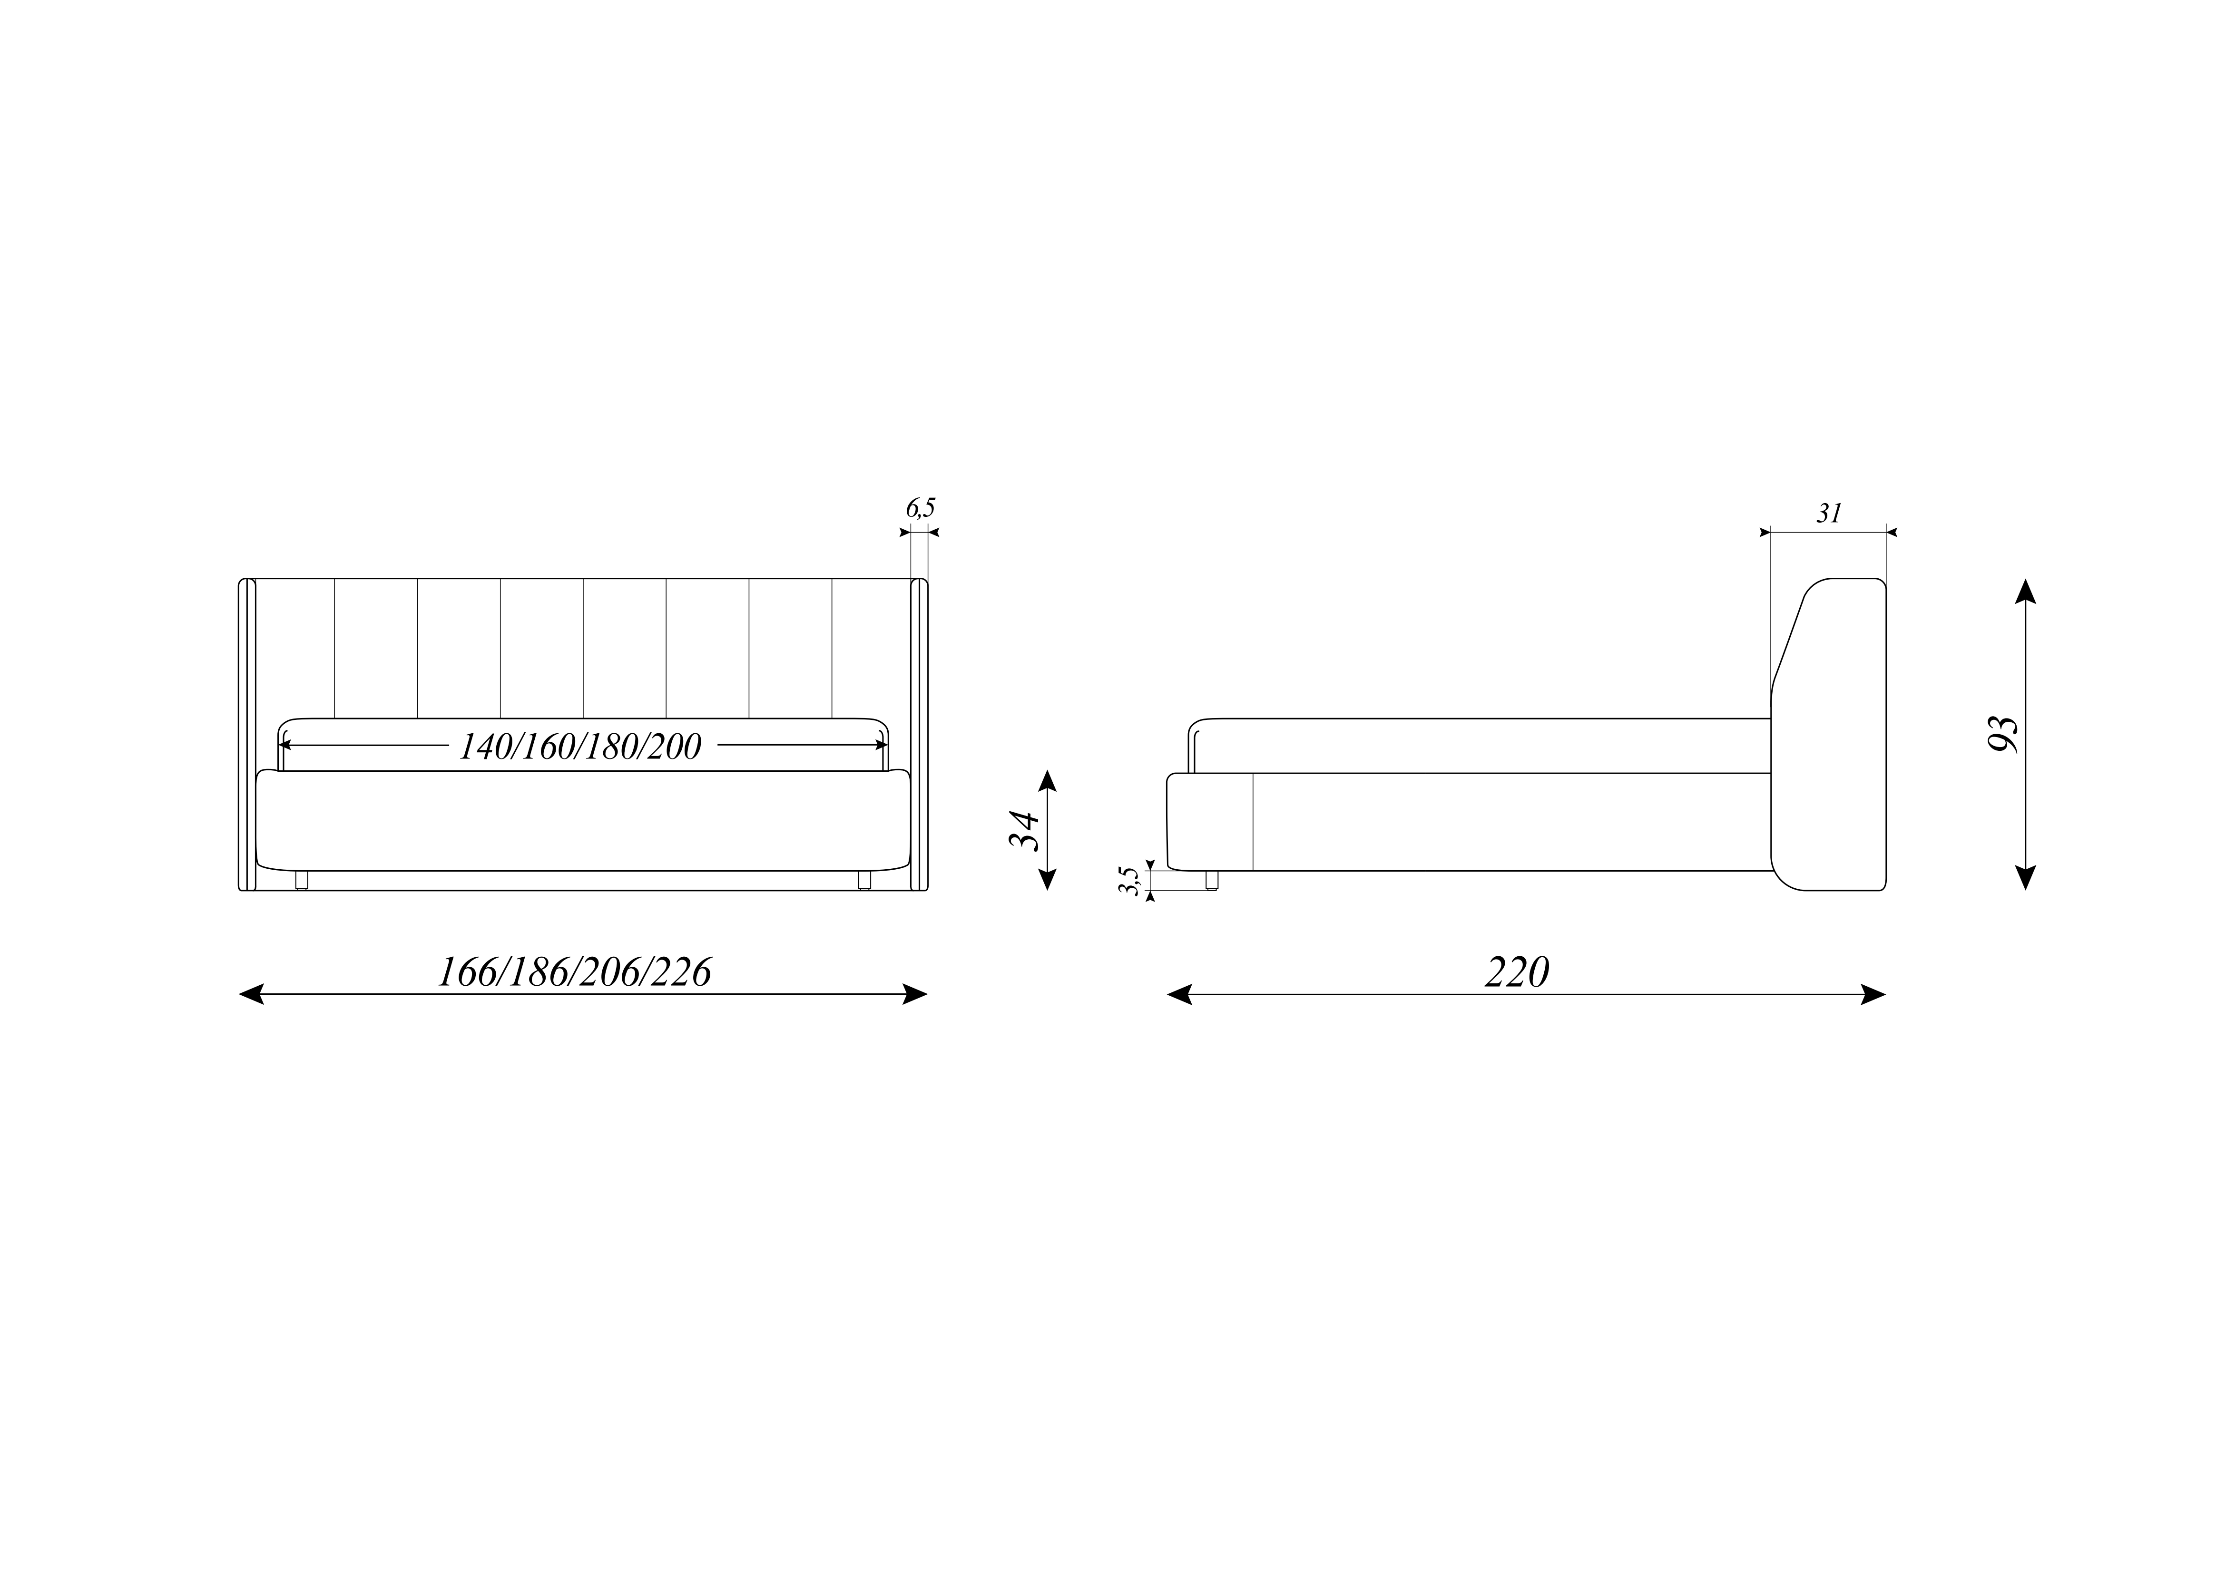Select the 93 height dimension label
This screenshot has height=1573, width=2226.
[2002, 735]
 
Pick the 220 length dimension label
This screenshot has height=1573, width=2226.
[1517, 972]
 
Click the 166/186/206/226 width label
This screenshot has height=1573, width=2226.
[575, 972]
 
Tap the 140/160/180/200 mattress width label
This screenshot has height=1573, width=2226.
[580, 746]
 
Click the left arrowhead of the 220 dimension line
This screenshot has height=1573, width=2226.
[1180, 994]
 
